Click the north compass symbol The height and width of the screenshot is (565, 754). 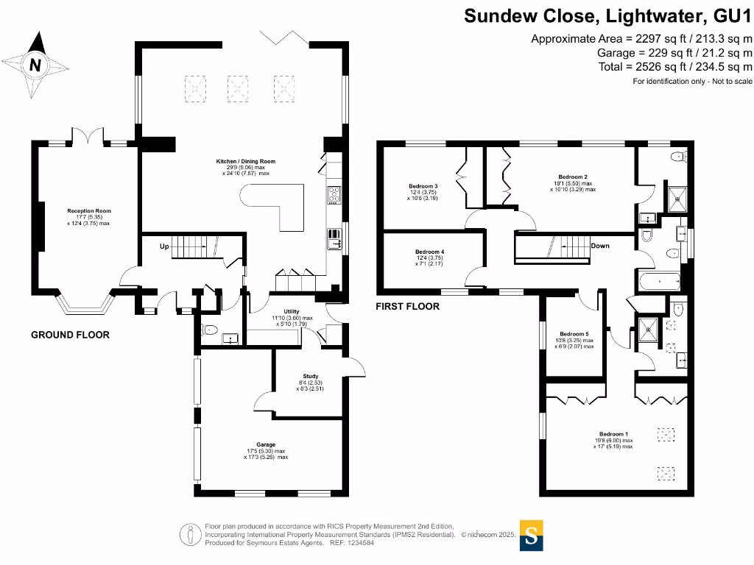[x=35, y=65]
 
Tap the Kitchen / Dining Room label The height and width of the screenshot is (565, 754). [x=245, y=161]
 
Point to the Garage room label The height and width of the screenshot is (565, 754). [x=266, y=444]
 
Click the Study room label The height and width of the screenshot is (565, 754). [x=309, y=376]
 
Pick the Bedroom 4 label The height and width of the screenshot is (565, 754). [x=429, y=252]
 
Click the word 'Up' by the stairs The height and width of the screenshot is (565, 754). [x=165, y=247]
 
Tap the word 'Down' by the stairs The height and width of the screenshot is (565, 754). [x=600, y=246]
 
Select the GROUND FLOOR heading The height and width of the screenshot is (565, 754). [x=70, y=335]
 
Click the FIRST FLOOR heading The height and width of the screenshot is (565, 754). [x=408, y=306]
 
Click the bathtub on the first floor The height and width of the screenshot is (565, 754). [x=658, y=280]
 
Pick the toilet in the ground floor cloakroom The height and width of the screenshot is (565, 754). [x=209, y=329]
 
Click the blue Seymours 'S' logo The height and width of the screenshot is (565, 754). [x=532, y=535]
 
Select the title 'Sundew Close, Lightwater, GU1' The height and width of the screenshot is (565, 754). [x=607, y=15]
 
